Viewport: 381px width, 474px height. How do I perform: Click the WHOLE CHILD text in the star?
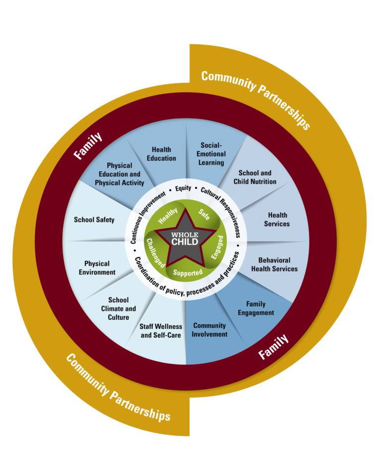(185, 238)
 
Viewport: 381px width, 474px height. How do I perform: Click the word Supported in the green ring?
(188, 272)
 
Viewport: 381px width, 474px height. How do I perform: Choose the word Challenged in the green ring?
(156, 252)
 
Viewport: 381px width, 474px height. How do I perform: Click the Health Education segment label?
(161, 154)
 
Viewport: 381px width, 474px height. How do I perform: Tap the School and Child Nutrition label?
(255, 177)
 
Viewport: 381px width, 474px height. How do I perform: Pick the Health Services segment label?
(277, 219)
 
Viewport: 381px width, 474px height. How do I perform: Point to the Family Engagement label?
(255, 308)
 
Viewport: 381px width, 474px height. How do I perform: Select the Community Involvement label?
(210, 330)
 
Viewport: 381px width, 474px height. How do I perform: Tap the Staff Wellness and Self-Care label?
(161, 331)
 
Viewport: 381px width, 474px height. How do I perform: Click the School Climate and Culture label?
(118, 308)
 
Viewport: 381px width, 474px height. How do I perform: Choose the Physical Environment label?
(97, 268)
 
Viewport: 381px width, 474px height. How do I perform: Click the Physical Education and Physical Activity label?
(119, 174)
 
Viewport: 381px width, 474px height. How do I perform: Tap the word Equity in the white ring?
(183, 188)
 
